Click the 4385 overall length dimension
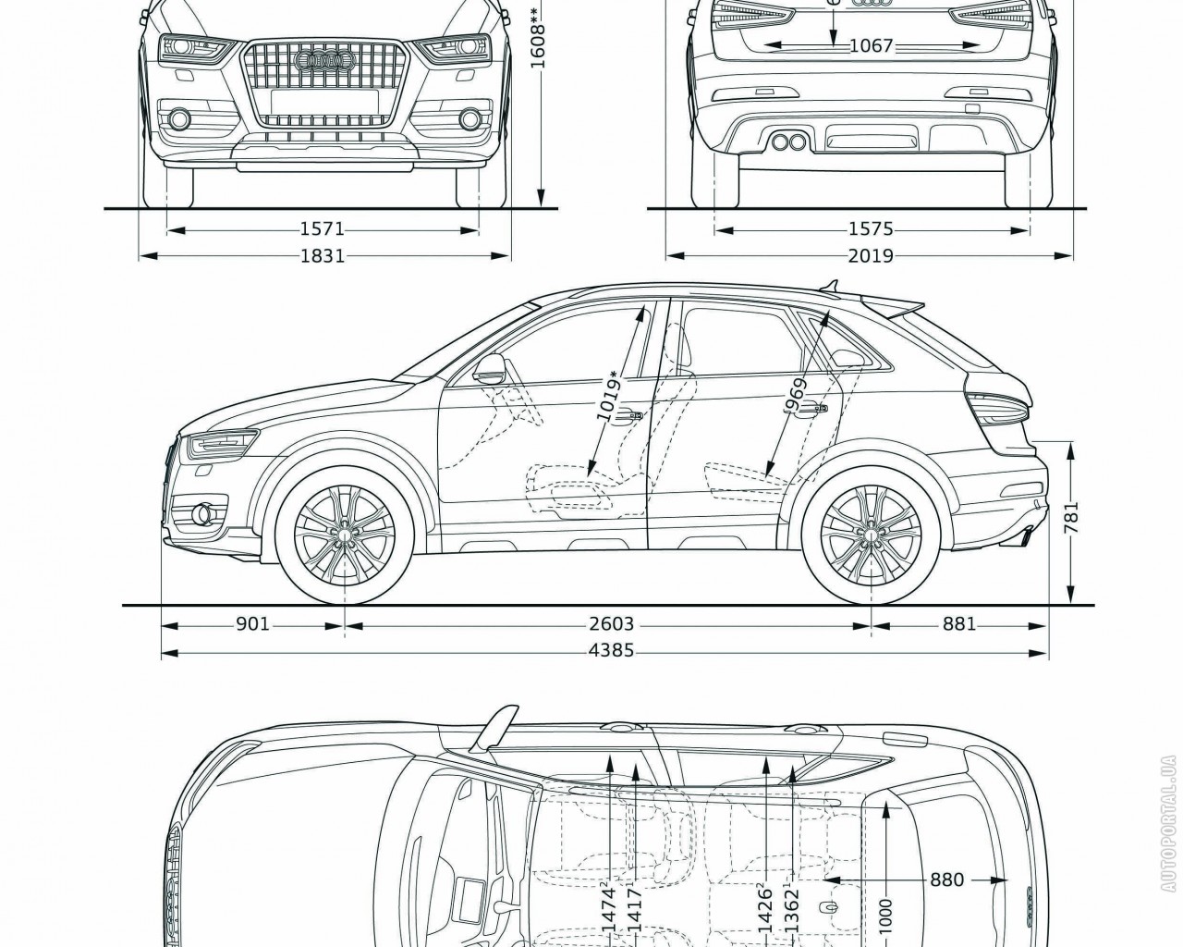(611, 650)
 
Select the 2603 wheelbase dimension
(611, 624)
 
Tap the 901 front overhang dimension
(252, 624)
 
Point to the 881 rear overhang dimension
(959, 624)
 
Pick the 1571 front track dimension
(322, 228)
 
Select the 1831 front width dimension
(322, 255)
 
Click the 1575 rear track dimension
(870, 228)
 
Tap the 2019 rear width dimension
(870, 255)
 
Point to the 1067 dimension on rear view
(870, 45)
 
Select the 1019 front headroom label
(611, 398)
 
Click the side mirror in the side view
(489, 370)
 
